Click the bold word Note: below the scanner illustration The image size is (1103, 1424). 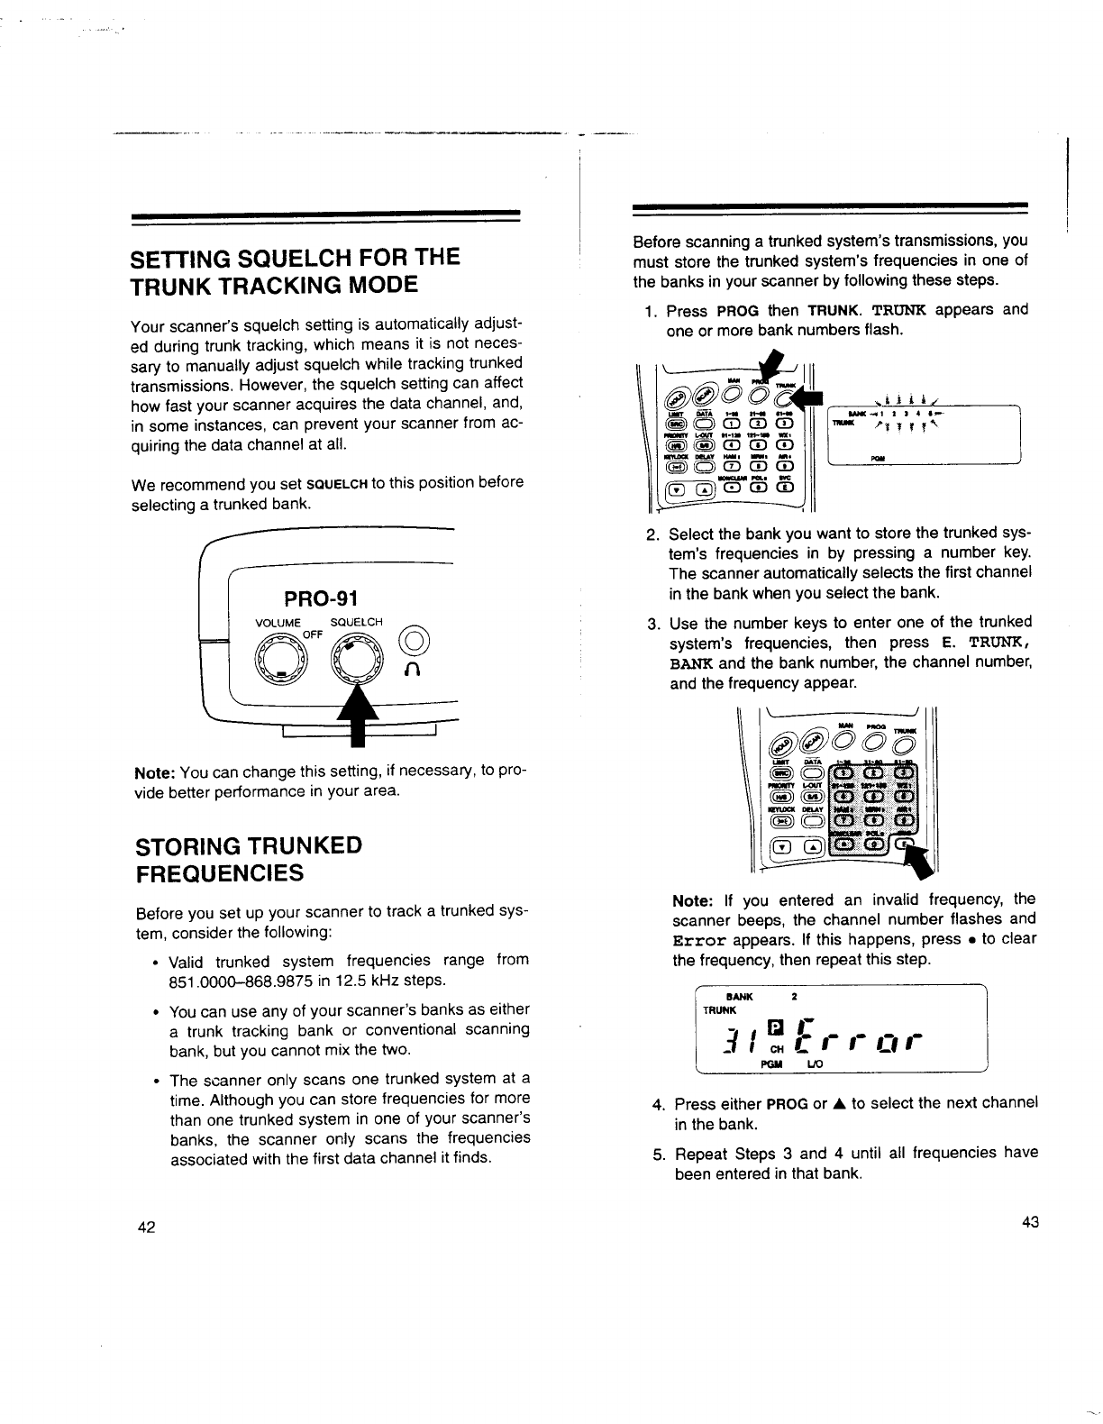[x=155, y=774]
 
